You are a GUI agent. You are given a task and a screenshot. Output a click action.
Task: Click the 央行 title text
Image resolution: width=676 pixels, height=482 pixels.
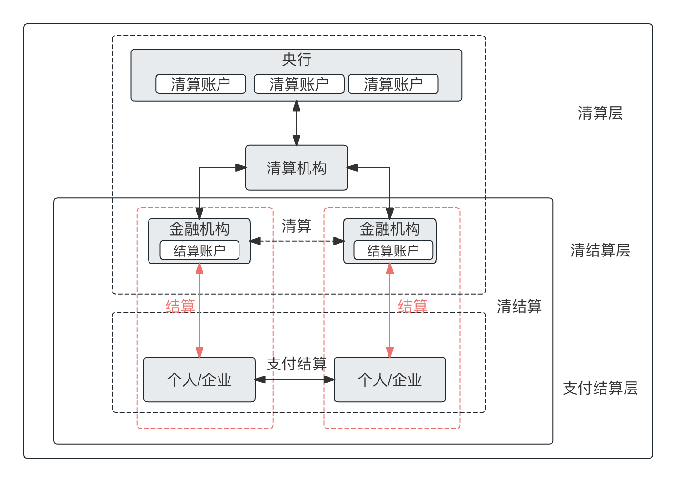[x=297, y=60]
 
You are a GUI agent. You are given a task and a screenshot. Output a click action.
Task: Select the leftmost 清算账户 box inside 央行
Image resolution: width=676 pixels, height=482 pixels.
[x=200, y=84]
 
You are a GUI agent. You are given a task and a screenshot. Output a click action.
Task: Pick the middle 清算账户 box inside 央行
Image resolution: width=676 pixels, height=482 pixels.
[x=299, y=84]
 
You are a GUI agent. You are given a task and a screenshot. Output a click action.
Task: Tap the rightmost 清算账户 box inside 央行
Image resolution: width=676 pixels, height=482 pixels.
[x=393, y=84]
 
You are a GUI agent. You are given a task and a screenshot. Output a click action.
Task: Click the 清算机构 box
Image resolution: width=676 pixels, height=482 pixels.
[x=296, y=168]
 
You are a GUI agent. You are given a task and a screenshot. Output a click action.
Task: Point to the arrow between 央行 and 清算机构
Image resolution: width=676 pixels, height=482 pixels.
[x=296, y=123]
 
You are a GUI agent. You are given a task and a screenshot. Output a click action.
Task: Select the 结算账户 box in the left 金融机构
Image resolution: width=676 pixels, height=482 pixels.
[x=199, y=250]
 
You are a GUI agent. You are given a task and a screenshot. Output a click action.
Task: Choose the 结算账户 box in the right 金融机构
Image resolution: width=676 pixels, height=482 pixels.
[x=393, y=250]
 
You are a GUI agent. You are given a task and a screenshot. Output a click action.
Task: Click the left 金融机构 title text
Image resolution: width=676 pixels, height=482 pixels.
[x=199, y=229]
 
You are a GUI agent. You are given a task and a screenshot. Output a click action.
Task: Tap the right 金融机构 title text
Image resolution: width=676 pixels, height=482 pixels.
[x=389, y=229]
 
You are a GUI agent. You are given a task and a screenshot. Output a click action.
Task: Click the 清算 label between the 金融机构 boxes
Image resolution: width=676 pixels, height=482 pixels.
[x=296, y=226]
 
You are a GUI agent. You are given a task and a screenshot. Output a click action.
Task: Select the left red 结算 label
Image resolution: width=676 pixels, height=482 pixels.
[x=180, y=306]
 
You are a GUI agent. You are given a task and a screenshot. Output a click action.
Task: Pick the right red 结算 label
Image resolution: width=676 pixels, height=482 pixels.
[x=412, y=306]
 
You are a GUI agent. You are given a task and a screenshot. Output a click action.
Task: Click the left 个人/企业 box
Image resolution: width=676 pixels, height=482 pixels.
[x=199, y=380]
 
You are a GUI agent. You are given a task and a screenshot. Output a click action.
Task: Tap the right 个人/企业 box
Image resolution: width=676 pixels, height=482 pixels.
[x=389, y=380]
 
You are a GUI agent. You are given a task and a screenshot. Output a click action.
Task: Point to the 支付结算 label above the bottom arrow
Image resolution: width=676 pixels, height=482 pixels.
[x=296, y=364]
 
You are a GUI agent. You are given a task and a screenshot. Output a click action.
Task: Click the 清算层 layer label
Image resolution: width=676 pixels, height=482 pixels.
[x=600, y=113]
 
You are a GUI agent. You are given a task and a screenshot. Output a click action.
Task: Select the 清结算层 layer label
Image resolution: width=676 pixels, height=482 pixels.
[x=600, y=250]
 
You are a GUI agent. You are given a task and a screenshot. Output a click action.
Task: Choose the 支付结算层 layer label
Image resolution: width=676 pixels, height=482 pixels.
[x=600, y=388]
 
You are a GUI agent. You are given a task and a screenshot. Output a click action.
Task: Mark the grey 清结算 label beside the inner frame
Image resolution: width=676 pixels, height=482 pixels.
[x=519, y=306]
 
